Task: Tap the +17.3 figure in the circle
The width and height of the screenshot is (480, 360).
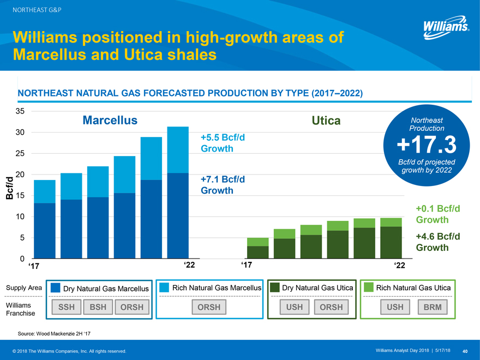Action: [x=425, y=145]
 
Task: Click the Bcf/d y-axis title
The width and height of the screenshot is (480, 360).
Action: [x=9, y=188]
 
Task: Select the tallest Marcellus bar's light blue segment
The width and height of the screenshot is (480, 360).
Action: [x=178, y=149]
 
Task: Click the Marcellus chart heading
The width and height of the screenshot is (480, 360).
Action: [x=110, y=120]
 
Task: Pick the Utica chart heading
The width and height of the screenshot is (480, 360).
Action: [x=325, y=120]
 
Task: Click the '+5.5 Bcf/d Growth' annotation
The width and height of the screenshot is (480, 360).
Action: [x=223, y=142]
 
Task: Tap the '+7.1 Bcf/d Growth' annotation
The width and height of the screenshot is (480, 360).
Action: [x=223, y=185]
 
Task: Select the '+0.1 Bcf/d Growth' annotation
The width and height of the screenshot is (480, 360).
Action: [x=438, y=214]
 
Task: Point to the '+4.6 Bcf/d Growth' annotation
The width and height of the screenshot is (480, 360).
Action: [x=438, y=242]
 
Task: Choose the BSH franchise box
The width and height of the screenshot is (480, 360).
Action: [x=98, y=307]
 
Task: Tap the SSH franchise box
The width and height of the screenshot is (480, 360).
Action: [x=67, y=307]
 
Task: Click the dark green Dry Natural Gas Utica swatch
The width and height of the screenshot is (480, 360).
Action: [x=275, y=287]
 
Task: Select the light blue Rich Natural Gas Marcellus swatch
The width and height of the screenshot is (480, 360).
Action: [x=164, y=287]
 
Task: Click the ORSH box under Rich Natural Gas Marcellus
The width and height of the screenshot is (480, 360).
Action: [x=209, y=307]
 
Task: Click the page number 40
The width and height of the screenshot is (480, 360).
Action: [x=465, y=350]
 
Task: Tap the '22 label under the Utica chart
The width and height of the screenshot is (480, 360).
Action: [x=399, y=266]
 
